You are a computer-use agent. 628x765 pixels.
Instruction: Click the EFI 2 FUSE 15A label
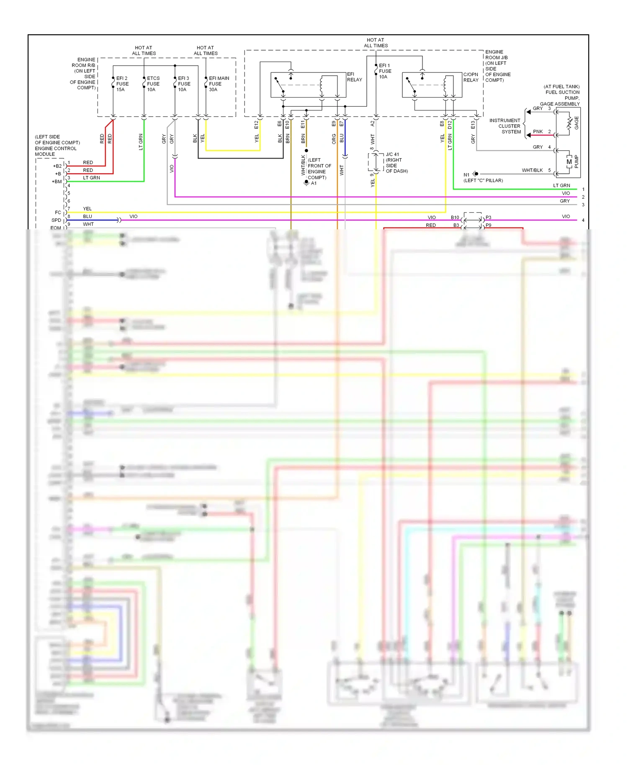[x=122, y=84]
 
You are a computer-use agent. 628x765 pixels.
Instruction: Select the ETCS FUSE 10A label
[x=153, y=84]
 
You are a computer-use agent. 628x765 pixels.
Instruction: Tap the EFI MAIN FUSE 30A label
[x=219, y=84]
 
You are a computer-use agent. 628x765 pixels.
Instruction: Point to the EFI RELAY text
[x=354, y=77]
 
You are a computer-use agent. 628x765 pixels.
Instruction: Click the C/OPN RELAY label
[x=471, y=77]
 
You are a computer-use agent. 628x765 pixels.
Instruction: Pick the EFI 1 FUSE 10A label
[x=384, y=71]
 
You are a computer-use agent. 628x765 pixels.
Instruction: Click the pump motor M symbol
[x=569, y=162]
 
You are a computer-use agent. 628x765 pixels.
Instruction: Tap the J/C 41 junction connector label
[x=392, y=154]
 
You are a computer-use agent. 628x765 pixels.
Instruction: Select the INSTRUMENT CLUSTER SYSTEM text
[x=505, y=126]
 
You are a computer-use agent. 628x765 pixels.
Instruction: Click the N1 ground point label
[x=466, y=175]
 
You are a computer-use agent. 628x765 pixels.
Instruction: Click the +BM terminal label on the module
[x=57, y=182]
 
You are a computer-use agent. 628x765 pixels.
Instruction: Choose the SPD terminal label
[x=56, y=220]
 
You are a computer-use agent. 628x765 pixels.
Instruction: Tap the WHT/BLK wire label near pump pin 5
[x=532, y=170]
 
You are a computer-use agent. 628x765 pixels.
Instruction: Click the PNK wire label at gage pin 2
[x=538, y=131]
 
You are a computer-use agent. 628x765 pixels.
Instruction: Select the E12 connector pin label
[x=256, y=124]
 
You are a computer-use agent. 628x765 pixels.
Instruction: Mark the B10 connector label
[x=455, y=218]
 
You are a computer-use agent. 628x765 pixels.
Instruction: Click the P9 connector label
[x=489, y=225]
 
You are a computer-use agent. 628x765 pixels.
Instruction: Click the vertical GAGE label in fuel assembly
[x=576, y=123]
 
